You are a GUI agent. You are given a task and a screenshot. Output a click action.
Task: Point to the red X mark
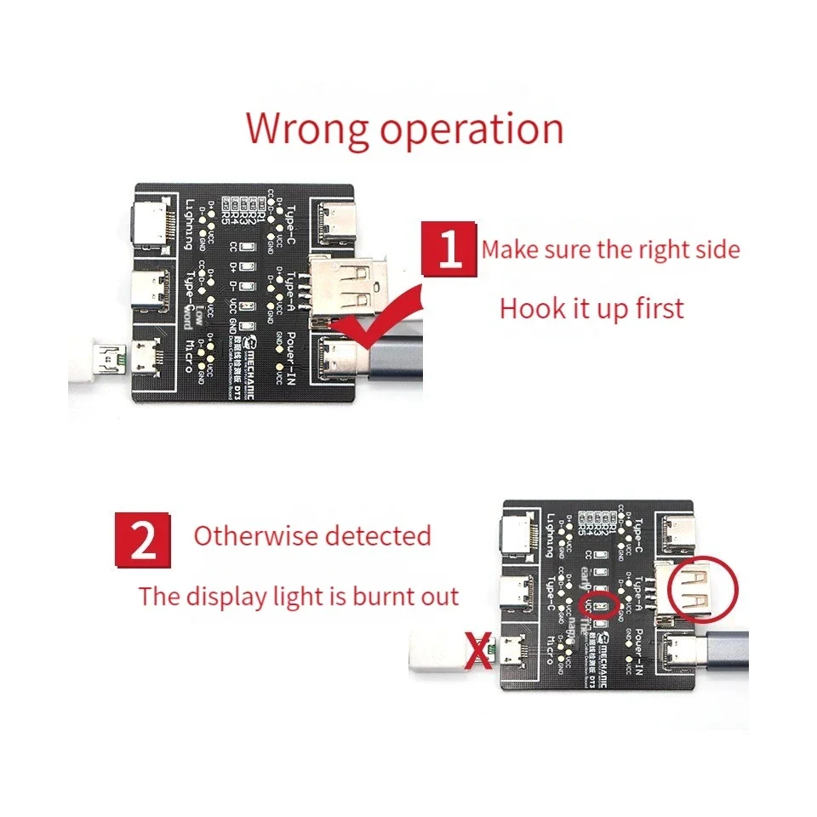tap(480, 654)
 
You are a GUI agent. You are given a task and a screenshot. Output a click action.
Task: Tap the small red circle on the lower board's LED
tap(597, 606)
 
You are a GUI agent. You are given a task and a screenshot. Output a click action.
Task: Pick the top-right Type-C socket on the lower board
tap(676, 532)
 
